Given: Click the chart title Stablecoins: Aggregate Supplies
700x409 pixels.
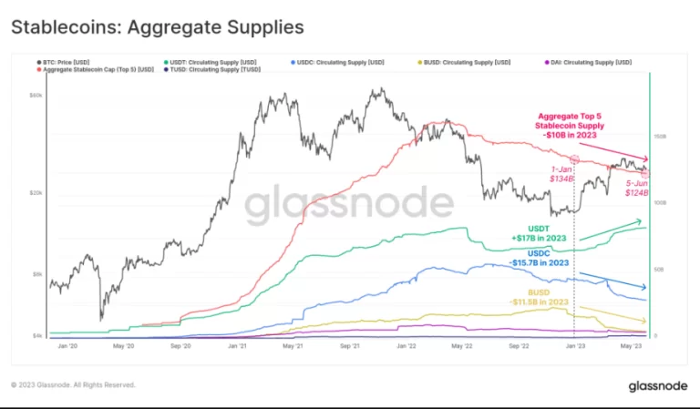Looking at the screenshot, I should tap(157, 27).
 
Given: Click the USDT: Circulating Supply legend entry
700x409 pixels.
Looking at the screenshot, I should tap(209, 62).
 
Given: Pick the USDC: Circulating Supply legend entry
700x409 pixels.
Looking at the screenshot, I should tap(338, 62).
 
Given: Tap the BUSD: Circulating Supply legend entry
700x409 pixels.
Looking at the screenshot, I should tap(468, 62).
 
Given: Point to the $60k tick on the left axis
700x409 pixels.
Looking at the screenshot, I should tap(36, 95).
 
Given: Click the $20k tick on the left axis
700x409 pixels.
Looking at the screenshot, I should tap(36, 193).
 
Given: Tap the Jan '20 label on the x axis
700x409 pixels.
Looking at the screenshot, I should tap(67, 347).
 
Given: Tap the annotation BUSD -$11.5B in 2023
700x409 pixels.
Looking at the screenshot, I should tap(540, 296).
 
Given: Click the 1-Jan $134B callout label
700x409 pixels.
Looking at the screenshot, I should tap(561, 174).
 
